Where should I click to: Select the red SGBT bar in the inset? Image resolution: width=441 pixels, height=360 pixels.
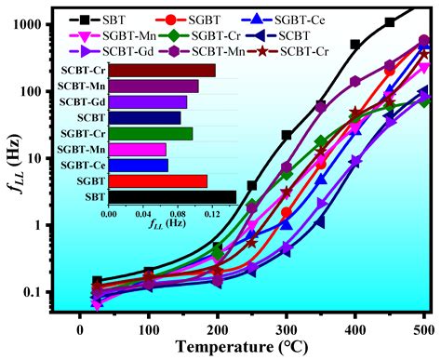coord(156,180)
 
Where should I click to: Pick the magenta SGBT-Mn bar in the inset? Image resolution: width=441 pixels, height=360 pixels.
coord(136,149)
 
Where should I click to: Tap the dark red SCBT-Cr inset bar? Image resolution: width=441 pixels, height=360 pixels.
coord(161,71)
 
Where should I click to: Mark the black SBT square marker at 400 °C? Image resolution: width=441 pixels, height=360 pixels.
coord(355,44)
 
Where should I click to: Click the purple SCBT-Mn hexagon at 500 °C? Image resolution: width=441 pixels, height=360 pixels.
coord(424,40)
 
